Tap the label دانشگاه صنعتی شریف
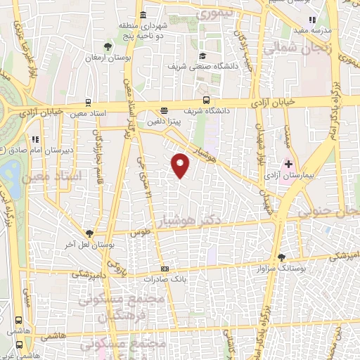200,66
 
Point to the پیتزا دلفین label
164,120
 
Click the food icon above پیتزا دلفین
164,110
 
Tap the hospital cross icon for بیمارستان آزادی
288,143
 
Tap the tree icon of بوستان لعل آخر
89,233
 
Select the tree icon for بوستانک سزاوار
281,258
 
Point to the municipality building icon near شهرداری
143,15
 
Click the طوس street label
145,238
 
